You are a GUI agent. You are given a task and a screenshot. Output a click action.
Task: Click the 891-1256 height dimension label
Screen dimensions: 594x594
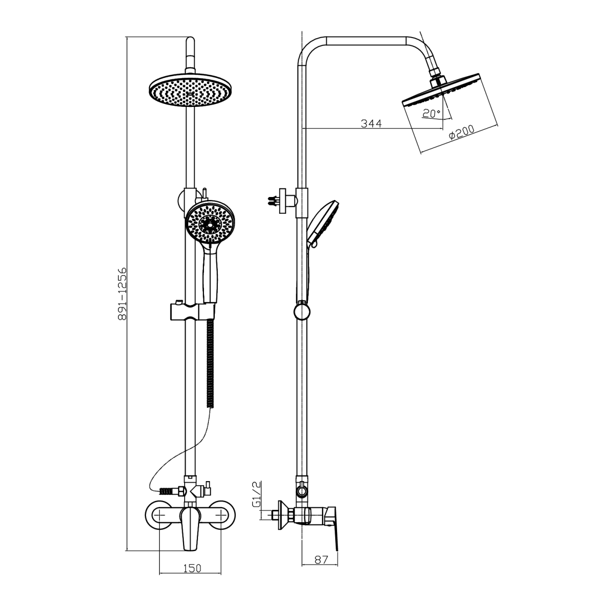point(122,295)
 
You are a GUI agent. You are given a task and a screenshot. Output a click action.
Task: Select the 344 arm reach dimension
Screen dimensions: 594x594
point(371,124)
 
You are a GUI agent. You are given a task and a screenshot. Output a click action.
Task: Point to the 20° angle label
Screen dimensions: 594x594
point(431,113)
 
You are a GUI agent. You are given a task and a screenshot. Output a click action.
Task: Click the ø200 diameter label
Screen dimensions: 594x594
point(461,132)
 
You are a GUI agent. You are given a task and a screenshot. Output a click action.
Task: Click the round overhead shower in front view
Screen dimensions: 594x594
point(190,90)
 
